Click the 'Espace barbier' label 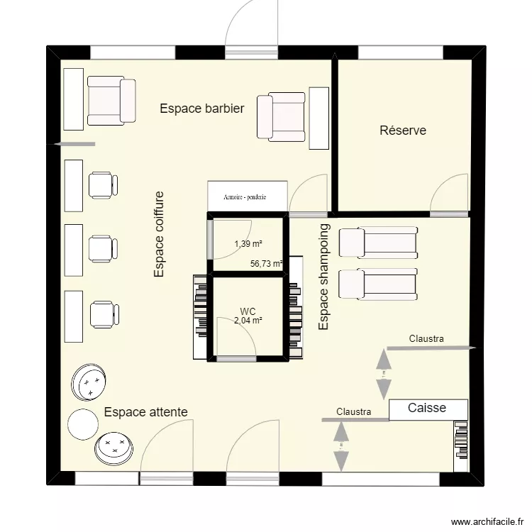(201, 109)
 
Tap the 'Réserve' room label (403, 131)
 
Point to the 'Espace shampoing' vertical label (324, 277)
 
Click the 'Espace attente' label (145, 411)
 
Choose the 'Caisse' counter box (428, 409)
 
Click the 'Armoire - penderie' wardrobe (247, 196)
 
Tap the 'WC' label (248, 311)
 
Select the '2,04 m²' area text (248, 321)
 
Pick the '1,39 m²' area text (248, 244)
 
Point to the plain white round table (82, 424)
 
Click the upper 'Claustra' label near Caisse (426, 339)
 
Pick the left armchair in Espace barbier (111, 100)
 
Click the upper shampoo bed (377, 241)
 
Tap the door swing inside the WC (240, 341)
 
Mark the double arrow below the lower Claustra (341, 446)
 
